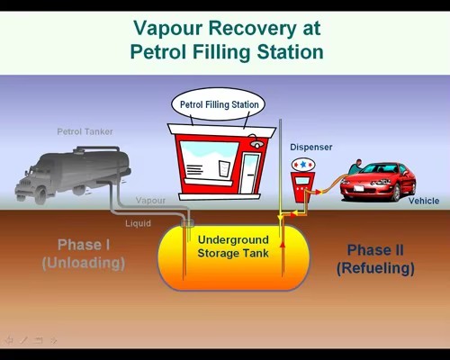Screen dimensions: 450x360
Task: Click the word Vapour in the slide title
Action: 167,29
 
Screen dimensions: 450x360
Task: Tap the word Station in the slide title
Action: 290,52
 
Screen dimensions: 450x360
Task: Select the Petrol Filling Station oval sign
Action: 219,104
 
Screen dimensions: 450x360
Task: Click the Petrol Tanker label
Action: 85,131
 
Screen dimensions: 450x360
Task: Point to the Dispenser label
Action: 311,148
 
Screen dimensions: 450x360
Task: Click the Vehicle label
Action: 424,201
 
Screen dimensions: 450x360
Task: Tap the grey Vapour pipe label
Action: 150,201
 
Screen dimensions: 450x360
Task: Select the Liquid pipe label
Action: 138,223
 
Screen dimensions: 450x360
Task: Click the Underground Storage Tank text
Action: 233,247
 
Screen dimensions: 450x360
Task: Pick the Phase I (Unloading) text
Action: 84,254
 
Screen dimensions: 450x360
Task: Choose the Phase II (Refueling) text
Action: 375,259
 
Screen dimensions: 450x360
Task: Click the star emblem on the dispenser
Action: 303,165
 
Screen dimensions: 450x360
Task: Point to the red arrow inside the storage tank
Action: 283,244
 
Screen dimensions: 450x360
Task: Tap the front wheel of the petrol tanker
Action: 40,195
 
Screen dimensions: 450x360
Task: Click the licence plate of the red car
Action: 358,188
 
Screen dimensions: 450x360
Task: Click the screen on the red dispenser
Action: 302,181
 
